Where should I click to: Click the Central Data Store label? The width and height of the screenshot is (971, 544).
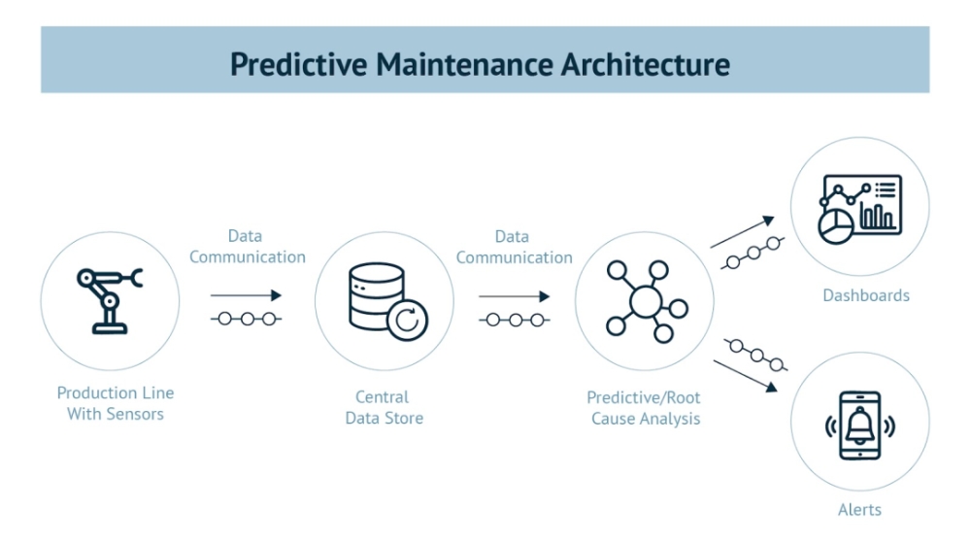[x=384, y=407]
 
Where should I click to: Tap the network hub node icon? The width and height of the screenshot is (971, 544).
[x=645, y=300]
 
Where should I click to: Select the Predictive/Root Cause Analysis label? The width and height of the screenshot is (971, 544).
[x=645, y=408]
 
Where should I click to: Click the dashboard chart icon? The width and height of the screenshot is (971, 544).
[x=859, y=205]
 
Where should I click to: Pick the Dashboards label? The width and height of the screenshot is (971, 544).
[x=866, y=294]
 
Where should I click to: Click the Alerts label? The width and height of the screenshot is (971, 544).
[x=860, y=509]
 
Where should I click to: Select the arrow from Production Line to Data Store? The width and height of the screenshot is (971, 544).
[x=246, y=294]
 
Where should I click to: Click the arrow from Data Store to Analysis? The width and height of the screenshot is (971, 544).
[x=514, y=295]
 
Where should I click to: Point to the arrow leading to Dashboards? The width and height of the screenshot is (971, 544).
[x=743, y=232]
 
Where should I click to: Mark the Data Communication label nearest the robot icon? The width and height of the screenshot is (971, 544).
[x=247, y=247]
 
